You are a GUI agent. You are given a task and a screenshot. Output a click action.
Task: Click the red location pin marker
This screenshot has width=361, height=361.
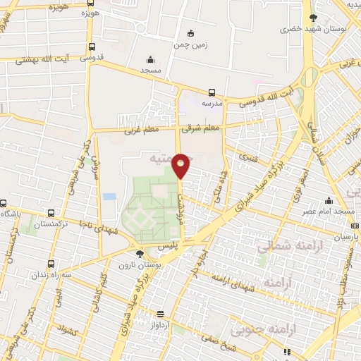pyautogui.click(x=181, y=165)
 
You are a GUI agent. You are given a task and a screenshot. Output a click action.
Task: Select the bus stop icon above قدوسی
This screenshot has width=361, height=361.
pyautogui.click(x=92, y=47)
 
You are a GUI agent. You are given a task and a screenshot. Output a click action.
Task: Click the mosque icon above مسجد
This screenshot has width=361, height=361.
pyautogui.click(x=149, y=60)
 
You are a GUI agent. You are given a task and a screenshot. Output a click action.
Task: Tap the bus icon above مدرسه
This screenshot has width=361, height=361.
pyautogui.click(x=212, y=92)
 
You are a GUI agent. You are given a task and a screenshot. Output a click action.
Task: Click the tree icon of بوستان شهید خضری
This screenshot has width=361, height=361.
pyautogui.click(x=312, y=18)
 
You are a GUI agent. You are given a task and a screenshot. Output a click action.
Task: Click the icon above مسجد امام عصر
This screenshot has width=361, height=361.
pyautogui.click(x=329, y=200)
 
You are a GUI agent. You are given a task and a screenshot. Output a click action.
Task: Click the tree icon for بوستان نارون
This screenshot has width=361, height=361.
pyautogui.click(x=139, y=253)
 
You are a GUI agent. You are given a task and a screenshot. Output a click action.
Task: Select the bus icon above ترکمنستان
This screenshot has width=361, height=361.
pyautogui.click(x=51, y=213)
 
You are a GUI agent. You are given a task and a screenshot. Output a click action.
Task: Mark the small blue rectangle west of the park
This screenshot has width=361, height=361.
pyautogui.click(x=109, y=196)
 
